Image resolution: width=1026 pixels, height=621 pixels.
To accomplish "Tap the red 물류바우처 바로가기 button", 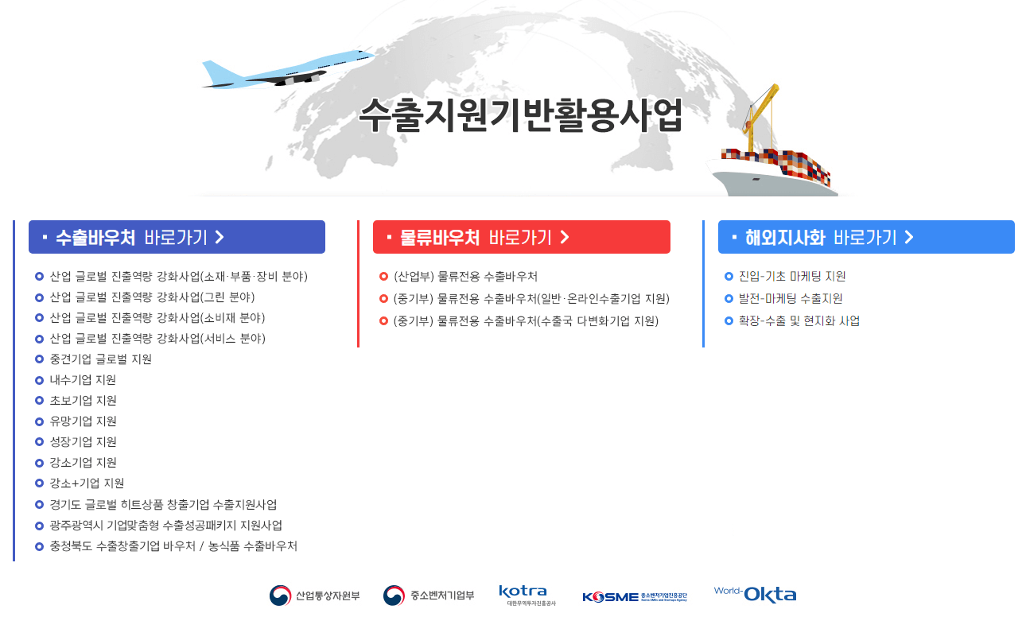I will tap(521, 237).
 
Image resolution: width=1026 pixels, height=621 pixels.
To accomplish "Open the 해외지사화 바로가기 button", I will tap(866, 237).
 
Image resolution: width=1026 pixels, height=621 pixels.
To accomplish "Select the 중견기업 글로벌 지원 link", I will tap(100, 359).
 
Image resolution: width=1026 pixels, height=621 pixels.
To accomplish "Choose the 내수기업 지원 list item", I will tap(83, 380).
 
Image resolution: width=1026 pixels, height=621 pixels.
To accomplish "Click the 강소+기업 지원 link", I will tap(87, 483).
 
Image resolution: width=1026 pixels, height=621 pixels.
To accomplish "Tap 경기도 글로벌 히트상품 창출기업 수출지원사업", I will tap(163, 504).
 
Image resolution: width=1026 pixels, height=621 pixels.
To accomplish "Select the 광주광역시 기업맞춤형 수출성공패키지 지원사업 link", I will tap(165, 525).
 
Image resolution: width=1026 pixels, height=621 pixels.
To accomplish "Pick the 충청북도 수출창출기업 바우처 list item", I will tap(173, 545).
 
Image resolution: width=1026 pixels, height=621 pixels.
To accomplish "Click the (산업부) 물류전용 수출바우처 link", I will tap(465, 277).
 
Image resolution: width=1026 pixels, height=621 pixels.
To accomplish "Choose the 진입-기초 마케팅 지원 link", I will tap(792, 277).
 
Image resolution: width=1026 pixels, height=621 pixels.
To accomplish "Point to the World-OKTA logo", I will tap(755, 595).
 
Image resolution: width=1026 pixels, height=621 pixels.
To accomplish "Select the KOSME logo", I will tap(634, 596).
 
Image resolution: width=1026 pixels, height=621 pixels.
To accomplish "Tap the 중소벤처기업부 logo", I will tap(429, 596).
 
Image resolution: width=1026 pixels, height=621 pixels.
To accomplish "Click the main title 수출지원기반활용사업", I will tap(520, 116).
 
